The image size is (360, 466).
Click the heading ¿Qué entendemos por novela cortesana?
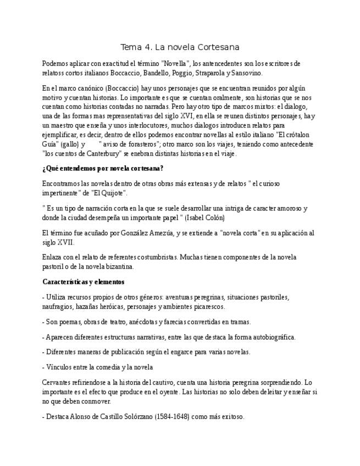[103, 168]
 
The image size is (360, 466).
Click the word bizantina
[117, 267]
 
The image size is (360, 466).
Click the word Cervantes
[58, 382]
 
